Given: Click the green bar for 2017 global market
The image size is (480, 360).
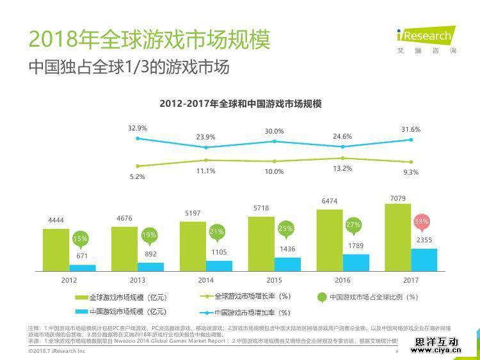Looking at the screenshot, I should click(x=397, y=237).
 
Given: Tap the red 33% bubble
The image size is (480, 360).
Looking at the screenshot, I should click(x=422, y=223).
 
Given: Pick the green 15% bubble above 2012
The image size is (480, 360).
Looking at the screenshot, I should click(x=80, y=239).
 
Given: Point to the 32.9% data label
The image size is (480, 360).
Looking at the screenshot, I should click(x=138, y=128).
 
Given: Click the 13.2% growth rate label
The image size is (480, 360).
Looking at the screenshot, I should click(x=343, y=168).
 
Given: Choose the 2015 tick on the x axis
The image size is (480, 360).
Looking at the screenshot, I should click(x=274, y=280).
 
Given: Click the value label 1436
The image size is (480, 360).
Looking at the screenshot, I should click(x=287, y=249).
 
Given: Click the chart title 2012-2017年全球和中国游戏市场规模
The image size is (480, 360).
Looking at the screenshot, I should click(x=240, y=104).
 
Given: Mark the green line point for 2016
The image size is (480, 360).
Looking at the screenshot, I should click(x=343, y=158).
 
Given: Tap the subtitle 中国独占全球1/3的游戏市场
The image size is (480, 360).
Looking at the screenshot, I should click(x=129, y=67).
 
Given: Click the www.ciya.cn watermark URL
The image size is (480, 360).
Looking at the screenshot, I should click(x=437, y=349).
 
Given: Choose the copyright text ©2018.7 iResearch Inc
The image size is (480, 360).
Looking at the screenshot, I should click(x=57, y=352).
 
